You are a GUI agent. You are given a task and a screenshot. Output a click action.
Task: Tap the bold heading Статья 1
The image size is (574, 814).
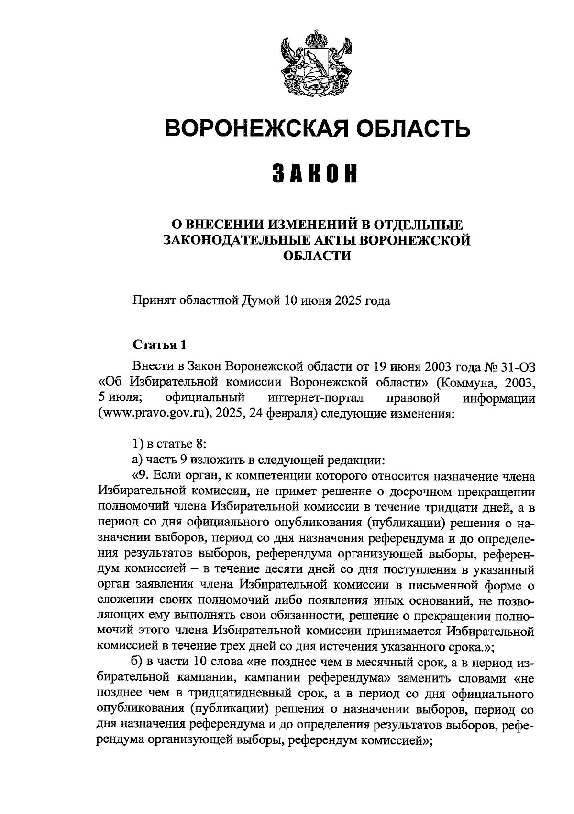[x=158, y=344]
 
